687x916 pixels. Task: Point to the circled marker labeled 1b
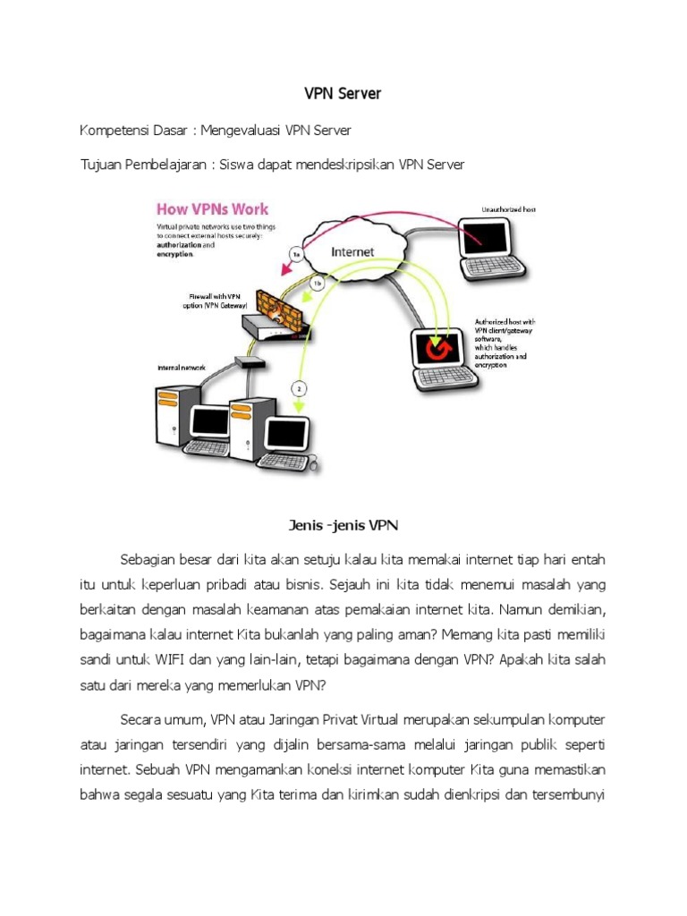(317, 284)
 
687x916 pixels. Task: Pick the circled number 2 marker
(299, 388)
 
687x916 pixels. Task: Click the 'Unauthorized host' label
(507, 209)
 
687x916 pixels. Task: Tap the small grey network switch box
(244, 362)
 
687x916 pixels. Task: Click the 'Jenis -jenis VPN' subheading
(344, 525)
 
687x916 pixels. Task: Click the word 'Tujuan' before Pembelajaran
(102, 164)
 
